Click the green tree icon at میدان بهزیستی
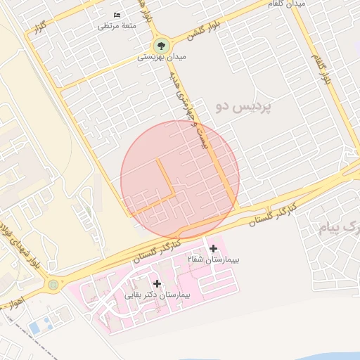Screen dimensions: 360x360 point(162,45)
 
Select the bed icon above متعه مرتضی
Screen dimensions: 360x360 point(117,15)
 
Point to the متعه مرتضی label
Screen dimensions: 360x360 point(115,27)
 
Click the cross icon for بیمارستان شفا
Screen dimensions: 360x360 point(213,248)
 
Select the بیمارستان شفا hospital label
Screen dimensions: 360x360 point(214,260)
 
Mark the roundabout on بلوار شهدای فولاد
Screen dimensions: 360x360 point(54,285)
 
